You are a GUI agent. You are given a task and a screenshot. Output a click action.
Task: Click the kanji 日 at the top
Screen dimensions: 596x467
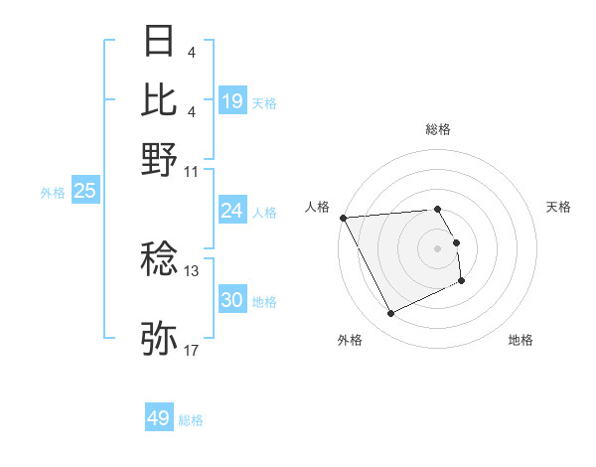[159, 42]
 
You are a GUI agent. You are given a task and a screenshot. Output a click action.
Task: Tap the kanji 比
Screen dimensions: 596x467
[159, 99]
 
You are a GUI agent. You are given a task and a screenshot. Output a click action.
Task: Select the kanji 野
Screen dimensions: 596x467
[159, 158]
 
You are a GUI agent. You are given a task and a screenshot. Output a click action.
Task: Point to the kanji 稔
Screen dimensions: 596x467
[159, 260]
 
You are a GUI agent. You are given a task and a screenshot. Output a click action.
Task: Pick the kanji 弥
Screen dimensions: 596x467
[159, 338]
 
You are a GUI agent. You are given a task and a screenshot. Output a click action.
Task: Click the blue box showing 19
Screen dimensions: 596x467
[232, 100]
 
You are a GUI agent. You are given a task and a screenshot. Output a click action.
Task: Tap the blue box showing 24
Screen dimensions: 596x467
[232, 210]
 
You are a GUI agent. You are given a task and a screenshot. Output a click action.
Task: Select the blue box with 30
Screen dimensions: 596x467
[232, 300]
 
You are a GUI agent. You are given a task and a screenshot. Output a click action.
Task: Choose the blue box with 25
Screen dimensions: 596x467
[85, 191]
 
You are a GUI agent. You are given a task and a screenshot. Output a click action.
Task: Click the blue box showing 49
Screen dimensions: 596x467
[159, 418]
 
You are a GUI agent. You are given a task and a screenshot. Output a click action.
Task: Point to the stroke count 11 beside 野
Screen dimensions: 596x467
[192, 170]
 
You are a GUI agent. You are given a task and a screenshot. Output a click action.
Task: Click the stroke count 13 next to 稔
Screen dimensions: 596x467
[192, 269]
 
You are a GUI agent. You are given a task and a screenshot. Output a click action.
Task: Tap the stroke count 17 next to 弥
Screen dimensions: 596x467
[192, 349]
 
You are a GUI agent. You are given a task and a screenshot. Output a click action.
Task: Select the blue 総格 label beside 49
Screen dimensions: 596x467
[191, 420]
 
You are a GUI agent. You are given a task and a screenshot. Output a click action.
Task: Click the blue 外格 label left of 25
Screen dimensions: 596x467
[53, 193]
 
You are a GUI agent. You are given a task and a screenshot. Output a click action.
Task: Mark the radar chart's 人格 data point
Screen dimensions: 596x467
[343, 218]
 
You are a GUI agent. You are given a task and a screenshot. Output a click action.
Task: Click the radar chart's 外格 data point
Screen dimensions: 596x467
[390, 314]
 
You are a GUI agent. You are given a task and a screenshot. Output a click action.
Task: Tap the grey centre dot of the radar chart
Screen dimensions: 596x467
[437, 247]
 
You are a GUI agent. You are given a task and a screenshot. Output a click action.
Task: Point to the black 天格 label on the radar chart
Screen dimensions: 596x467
[558, 207]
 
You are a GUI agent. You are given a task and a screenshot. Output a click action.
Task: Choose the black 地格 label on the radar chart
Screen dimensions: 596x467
[521, 340]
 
